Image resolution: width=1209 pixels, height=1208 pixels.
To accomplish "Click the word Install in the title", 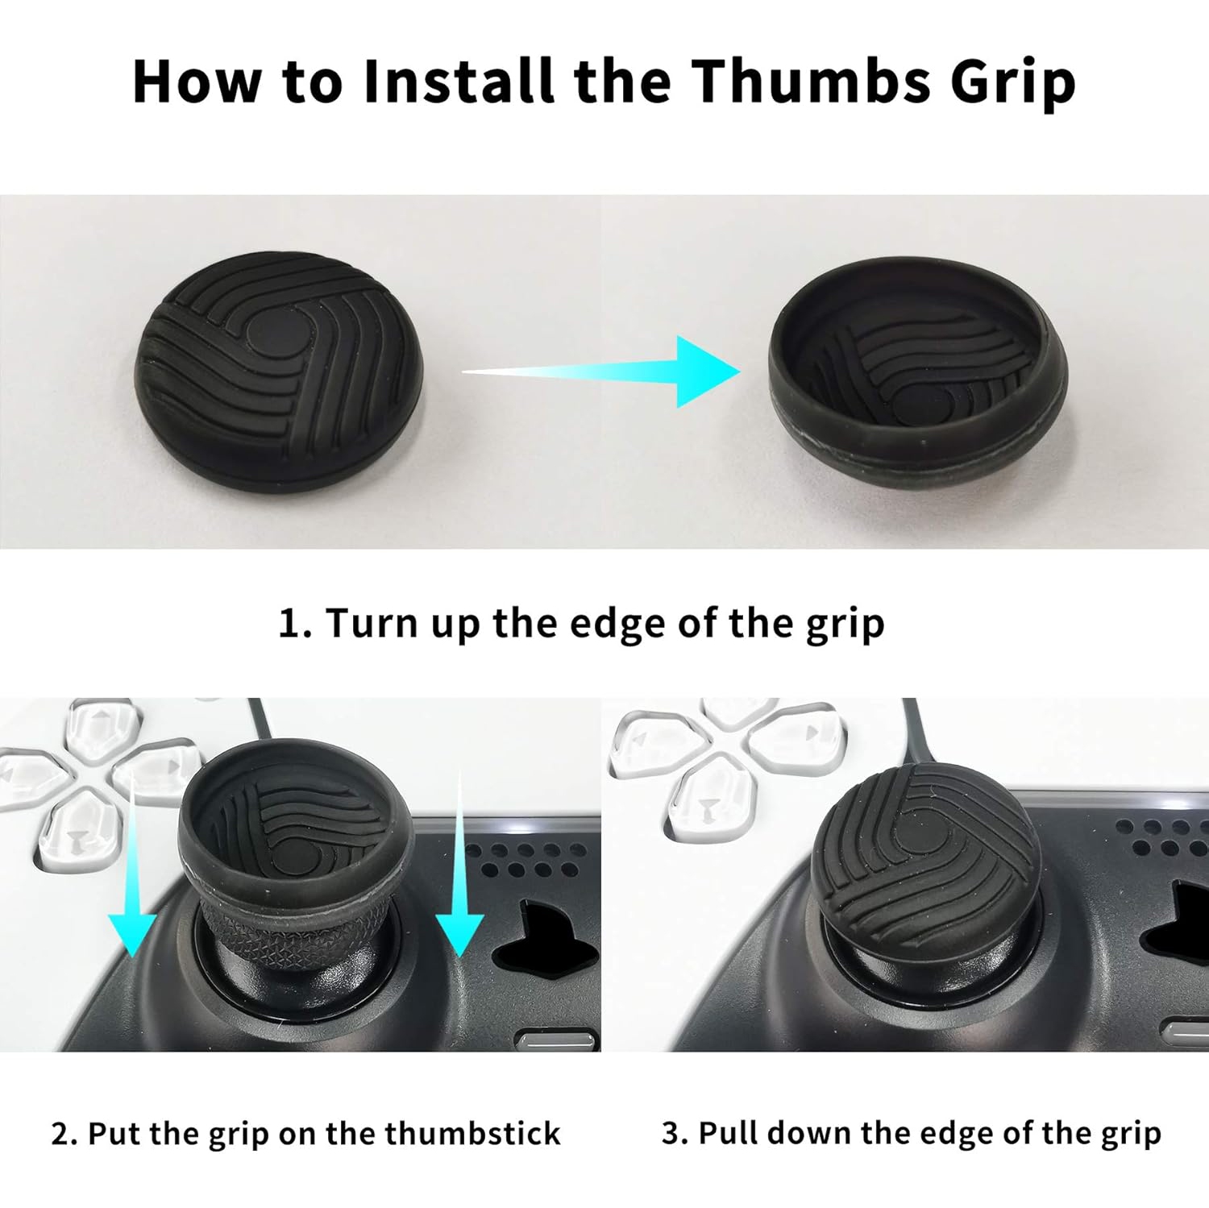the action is [x=459, y=81].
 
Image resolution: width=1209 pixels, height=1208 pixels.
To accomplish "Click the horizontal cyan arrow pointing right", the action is [x=601, y=372].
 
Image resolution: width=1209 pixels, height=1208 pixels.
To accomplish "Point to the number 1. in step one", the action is [x=295, y=623].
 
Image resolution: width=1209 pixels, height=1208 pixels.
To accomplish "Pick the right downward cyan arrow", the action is [x=459, y=862].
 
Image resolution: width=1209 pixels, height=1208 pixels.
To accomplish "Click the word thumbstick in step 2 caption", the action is [x=472, y=1133].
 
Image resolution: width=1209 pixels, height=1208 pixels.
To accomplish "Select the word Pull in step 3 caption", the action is [x=727, y=1132].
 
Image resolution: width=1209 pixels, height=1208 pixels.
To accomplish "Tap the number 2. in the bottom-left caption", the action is [x=64, y=1134].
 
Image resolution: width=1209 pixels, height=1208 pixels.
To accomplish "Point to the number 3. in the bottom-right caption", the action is [x=675, y=1133].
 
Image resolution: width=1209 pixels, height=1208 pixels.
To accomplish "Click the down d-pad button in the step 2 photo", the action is [x=77, y=834].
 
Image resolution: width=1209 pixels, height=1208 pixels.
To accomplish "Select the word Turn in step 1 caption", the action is [x=371, y=623].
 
